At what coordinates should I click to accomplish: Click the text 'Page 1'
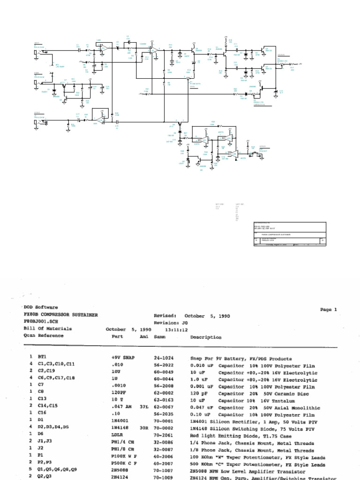coord(329,309)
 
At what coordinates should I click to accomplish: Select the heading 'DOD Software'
coord(41,307)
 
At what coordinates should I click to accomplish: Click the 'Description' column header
coord(206,337)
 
